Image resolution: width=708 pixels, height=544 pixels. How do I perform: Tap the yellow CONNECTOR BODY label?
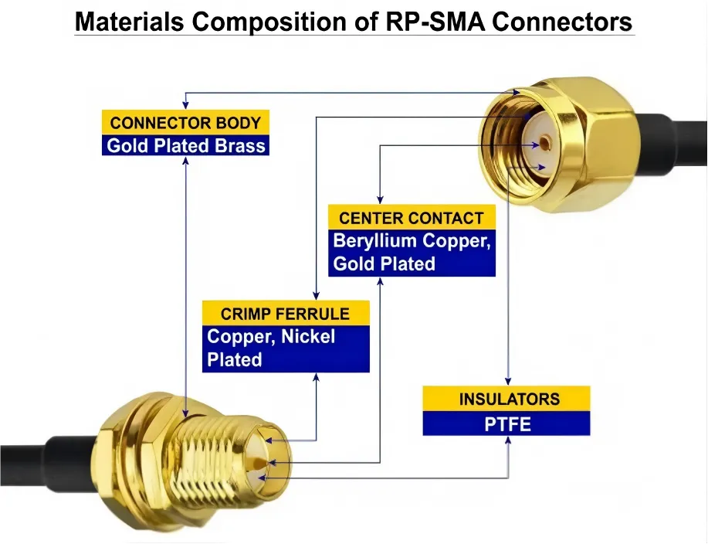185,122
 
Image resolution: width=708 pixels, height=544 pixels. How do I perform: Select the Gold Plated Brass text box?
185,145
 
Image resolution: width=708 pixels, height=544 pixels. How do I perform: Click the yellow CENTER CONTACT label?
411,218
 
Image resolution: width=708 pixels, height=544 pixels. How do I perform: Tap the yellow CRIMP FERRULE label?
285,314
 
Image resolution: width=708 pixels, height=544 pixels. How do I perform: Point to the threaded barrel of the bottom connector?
212,456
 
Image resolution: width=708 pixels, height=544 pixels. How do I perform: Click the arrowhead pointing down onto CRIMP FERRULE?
315,297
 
